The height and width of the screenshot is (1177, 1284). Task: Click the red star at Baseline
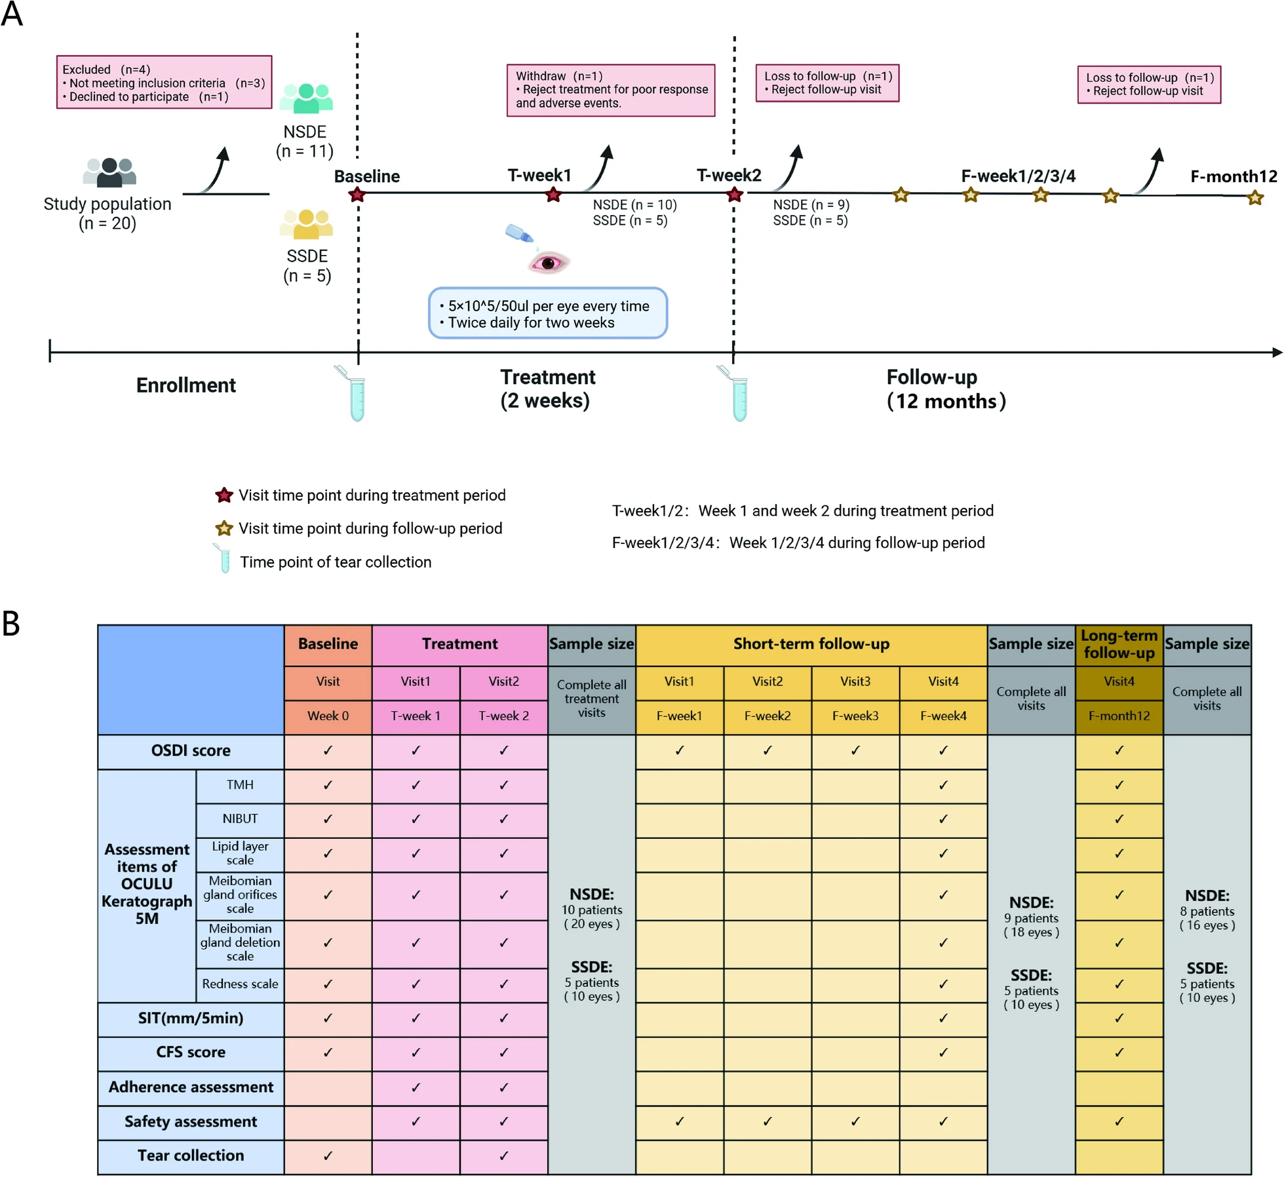pos(357,195)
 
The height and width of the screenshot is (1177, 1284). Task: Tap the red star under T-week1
pos(554,195)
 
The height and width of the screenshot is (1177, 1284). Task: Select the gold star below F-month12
pos(1255,197)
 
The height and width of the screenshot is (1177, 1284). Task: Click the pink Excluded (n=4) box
pos(164,83)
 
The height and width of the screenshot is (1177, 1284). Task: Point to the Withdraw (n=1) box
pos(611,90)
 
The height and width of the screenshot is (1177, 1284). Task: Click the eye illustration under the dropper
pos(549,263)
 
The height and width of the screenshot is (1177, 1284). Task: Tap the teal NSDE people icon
pos(306,98)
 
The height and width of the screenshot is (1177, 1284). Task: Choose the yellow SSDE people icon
pos(306,223)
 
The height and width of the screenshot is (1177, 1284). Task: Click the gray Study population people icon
pos(109,172)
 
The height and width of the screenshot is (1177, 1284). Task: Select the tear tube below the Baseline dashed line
pos(357,397)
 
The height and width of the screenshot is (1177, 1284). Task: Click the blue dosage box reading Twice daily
pos(548,314)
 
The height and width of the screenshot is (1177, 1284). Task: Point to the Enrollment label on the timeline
pos(185,385)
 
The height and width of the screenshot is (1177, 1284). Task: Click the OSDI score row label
pos(191,751)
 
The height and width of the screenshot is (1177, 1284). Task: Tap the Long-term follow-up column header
pos(1119,644)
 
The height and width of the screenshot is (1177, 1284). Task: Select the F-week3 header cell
pos(855,716)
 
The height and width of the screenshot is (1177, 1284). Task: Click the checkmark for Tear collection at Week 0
pos(328,1156)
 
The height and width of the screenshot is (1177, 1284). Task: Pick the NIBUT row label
pos(240,819)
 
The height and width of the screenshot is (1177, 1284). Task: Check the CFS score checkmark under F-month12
pos(1119,1052)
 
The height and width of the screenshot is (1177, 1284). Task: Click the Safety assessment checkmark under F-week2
pos(768,1121)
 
